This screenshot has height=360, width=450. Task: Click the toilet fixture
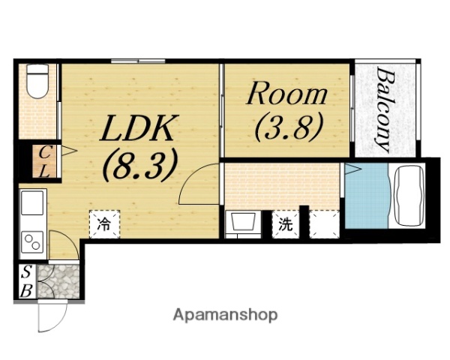[x=37, y=81]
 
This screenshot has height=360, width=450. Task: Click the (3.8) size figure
[x=289, y=127]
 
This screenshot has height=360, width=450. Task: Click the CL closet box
[x=44, y=161]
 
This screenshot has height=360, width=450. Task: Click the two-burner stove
[x=32, y=242]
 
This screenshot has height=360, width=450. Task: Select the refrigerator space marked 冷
[x=104, y=224]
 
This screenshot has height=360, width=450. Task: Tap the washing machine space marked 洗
[x=286, y=224]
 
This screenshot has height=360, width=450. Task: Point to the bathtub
[x=409, y=196]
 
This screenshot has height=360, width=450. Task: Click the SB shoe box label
[x=26, y=282]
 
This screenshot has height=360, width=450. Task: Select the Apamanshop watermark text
[x=225, y=316]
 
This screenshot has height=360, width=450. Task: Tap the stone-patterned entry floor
[x=58, y=282]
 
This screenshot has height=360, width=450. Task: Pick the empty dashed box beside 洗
[x=324, y=224]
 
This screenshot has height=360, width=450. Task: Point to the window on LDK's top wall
[x=138, y=61]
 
